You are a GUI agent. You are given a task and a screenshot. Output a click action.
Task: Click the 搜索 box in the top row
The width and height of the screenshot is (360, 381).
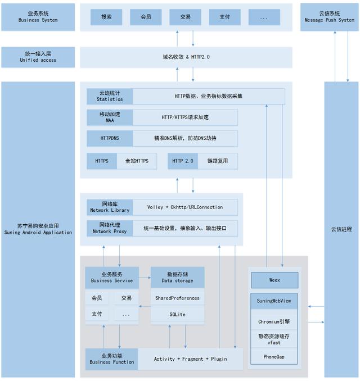(106, 17)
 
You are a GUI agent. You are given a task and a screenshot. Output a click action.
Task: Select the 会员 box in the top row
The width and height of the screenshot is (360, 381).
(146, 17)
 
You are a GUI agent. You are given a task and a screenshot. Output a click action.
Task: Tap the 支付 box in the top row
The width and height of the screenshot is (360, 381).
(224, 17)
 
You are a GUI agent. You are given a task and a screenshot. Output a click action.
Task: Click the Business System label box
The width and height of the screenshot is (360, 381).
(37, 16)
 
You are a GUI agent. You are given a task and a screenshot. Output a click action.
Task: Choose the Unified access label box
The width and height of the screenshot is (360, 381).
(37, 57)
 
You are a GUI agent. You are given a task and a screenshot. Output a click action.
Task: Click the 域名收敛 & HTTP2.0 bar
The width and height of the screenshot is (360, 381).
(186, 57)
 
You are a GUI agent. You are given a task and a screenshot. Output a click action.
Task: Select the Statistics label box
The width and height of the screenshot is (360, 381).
(110, 96)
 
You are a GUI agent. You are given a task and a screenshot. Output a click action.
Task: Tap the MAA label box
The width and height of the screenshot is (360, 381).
(110, 117)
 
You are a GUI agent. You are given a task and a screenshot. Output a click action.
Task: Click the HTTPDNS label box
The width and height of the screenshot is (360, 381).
(110, 138)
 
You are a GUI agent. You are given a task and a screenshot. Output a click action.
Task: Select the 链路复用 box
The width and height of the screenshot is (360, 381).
(217, 161)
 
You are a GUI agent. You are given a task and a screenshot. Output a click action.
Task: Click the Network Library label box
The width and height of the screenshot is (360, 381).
(110, 207)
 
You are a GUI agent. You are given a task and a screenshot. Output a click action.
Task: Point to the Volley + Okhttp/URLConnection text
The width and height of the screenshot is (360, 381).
(184, 207)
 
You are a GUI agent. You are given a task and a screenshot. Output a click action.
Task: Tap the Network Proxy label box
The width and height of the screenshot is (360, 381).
(110, 228)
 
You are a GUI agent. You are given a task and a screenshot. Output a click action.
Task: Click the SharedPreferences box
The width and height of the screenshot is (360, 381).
(177, 298)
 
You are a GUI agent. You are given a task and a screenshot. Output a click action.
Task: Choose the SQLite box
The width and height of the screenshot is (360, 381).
(177, 314)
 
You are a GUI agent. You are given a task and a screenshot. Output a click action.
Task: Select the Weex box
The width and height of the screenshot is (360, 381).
(274, 279)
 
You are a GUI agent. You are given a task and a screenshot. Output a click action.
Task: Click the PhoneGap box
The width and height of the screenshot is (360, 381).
(274, 356)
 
